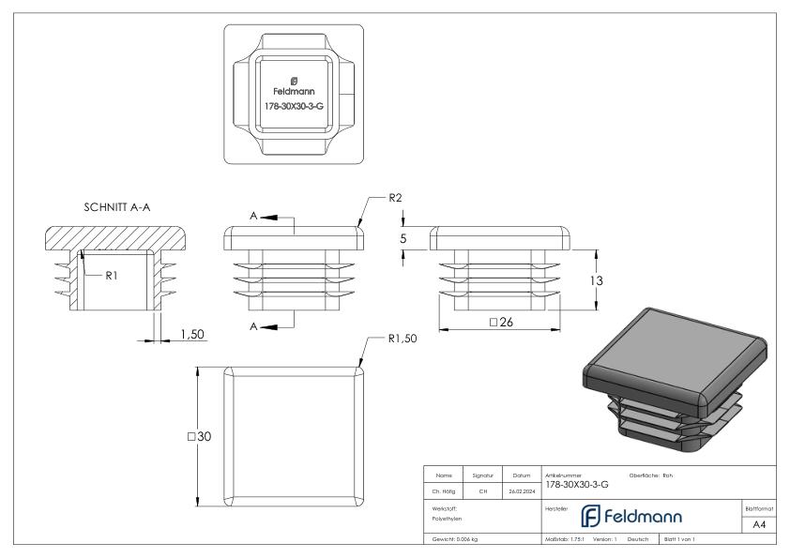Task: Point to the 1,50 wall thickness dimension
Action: coord(191,334)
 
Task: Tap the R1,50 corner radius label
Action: coord(403,339)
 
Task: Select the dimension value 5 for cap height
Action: coord(403,239)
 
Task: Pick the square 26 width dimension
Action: coord(505,323)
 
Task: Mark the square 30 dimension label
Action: coord(200,437)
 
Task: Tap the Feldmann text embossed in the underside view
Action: coord(294,92)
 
